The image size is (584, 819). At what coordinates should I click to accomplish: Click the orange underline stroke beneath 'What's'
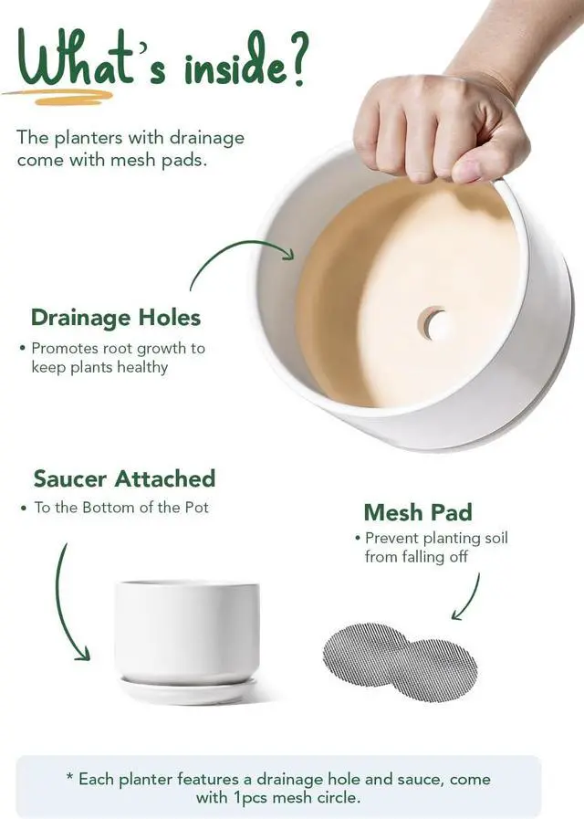[x=57, y=96]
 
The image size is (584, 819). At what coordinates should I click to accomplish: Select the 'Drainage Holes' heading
[x=116, y=318]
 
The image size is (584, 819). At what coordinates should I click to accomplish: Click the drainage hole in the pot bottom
[x=433, y=323]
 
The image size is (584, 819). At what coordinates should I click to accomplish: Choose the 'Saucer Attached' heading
[x=124, y=478]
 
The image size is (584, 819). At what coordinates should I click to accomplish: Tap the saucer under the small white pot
[x=188, y=690]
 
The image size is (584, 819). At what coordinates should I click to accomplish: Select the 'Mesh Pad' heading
[x=418, y=512]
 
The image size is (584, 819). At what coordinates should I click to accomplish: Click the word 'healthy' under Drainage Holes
[x=142, y=367]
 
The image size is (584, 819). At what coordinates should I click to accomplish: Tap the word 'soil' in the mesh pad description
[x=493, y=538]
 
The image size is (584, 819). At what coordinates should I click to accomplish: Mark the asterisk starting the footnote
[x=70, y=777]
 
